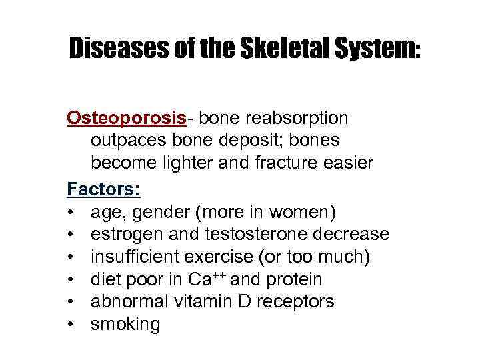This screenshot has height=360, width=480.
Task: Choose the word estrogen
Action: [125, 235]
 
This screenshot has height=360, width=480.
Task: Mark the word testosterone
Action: [248, 235]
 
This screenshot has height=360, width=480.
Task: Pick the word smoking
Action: [125, 325]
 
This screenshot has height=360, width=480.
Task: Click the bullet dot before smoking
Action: [70, 325]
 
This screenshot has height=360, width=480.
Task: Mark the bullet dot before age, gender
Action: [70, 212]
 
